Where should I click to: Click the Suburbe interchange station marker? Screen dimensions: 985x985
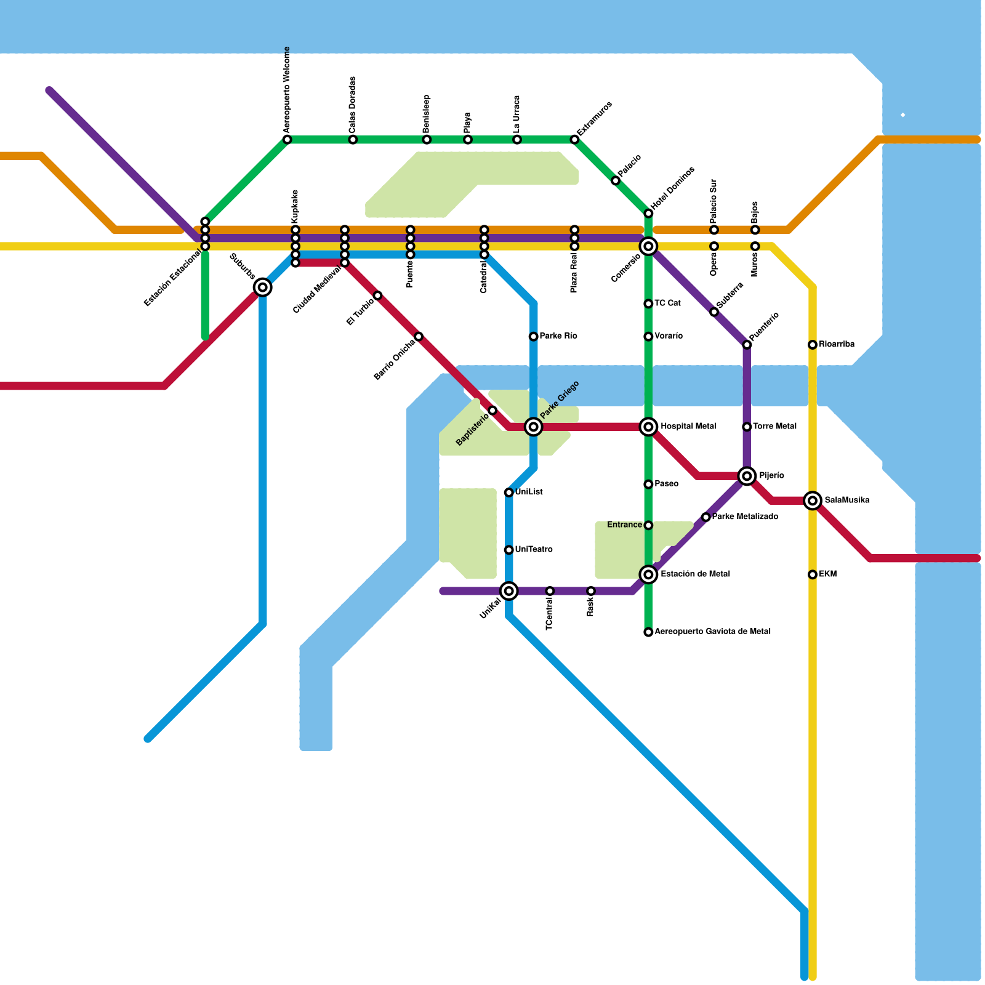point(263,287)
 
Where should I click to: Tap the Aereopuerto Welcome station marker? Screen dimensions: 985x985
point(287,140)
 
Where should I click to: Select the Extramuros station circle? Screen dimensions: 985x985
point(574,140)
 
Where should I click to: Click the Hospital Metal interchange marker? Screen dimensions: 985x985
point(648,427)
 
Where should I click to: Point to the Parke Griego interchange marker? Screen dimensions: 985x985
point(534,427)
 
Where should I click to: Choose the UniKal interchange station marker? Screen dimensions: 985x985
point(509,591)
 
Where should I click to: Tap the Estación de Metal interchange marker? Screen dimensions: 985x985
point(648,574)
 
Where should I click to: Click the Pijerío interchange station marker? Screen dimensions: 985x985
point(747,476)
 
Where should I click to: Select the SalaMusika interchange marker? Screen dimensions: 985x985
point(813,501)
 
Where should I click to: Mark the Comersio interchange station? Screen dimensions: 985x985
point(648,246)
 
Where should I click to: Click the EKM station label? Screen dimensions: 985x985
point(827,574)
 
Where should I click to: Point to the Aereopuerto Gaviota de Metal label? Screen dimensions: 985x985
point(712,632)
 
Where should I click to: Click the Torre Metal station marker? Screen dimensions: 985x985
point(747,427)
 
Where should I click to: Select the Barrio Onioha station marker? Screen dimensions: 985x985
point(419,336)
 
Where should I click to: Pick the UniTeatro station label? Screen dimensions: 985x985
point(533,550)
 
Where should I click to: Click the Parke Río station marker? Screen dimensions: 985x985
point(533,336)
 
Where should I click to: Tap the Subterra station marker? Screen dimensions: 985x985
point(714,312)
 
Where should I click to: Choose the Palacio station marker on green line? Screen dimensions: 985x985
point(616,180)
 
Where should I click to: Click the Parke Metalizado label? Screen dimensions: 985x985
point(744,517)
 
